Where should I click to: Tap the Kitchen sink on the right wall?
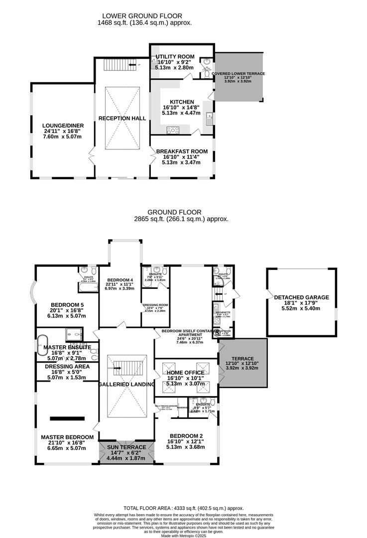210,119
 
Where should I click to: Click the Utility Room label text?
175,57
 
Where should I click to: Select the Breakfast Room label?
182,151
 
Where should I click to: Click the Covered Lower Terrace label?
238,74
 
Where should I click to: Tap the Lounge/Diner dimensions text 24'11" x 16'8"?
62,131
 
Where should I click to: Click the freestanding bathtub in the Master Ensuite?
42,345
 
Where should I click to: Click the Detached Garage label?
301,297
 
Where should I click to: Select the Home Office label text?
185,373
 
